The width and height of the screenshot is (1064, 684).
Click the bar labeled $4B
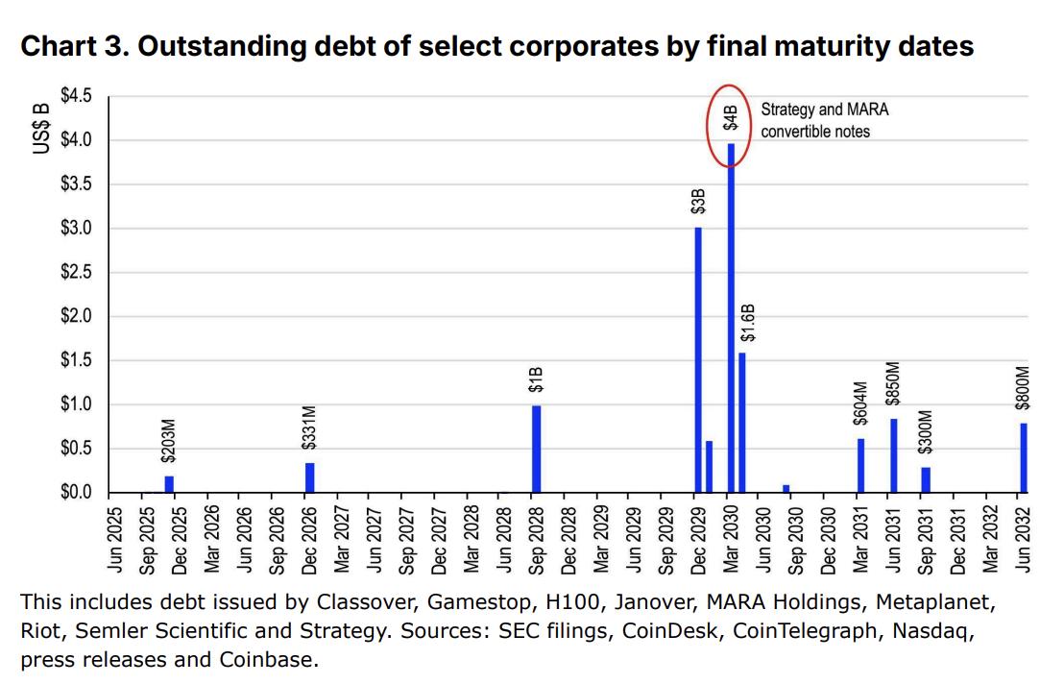[731, 317]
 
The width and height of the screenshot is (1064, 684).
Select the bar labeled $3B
[698, 359]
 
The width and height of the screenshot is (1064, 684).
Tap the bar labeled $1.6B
[741, 422]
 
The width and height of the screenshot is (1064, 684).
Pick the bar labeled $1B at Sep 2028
[536, 449]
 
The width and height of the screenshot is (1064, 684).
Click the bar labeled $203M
[169, 483]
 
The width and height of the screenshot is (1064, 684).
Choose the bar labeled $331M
[309, 476]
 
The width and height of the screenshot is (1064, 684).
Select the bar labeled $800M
[1024, 457]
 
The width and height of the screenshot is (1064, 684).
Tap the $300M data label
[926, 432]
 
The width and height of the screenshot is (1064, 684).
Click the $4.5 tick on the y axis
[77, 96]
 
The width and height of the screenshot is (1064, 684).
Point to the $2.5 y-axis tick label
[77, 273]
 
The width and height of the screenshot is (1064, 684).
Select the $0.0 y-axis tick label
[77, 493]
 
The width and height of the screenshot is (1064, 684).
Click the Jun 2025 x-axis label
[115, 540]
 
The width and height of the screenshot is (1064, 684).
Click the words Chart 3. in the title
[73, 46]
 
